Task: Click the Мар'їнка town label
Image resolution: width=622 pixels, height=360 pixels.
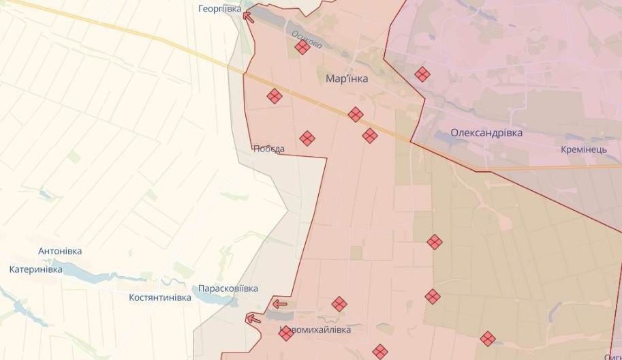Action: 347,79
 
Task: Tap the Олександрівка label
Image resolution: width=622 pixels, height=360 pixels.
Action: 486,133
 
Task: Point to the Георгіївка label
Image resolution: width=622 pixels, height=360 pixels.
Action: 219,9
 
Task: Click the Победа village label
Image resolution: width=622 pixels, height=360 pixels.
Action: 268,149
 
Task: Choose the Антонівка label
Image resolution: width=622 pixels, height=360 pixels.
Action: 60,251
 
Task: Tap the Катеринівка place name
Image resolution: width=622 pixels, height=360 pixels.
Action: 35,269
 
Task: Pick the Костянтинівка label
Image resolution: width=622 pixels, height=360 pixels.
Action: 160,297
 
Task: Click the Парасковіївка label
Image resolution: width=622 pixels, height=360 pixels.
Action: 228,288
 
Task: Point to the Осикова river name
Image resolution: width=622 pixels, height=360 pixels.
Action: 307,40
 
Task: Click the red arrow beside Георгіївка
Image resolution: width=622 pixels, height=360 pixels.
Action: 249,17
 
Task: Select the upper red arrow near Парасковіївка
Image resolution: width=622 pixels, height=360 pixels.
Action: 279,304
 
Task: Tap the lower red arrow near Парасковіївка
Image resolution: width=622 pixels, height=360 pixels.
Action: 253,318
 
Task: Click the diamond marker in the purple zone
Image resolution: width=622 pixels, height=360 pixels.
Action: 422,74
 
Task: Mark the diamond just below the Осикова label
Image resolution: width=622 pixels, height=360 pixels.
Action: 302,47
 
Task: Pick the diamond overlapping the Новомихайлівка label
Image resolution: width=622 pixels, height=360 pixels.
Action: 286,333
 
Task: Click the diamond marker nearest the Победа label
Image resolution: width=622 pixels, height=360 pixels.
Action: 307,138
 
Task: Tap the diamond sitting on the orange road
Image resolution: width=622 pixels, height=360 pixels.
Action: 355,115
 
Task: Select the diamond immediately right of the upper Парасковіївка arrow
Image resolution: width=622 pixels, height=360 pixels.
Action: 339,304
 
